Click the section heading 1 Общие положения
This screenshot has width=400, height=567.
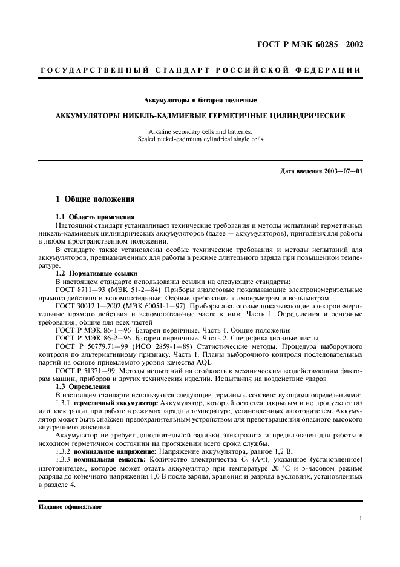[95, 199]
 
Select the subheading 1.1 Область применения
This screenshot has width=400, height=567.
[94, 217]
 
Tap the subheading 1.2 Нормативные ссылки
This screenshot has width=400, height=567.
[96, 273]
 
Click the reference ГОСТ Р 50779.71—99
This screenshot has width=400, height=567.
[91, 346]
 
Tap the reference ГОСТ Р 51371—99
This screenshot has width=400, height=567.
[87, 370]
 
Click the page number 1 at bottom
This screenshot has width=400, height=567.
[360, 519]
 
